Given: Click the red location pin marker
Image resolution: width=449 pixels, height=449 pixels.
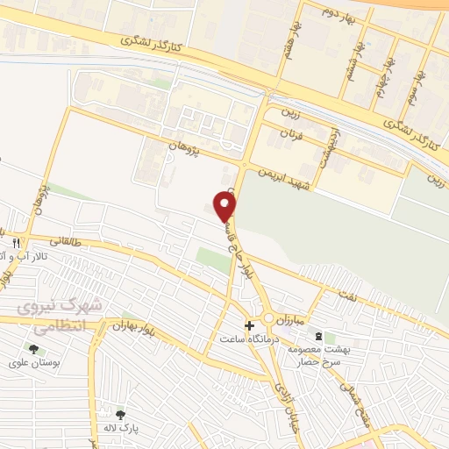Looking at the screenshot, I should click(x=225, y=207).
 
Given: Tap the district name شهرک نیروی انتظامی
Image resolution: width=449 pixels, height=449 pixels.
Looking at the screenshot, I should click(x=61, y=316).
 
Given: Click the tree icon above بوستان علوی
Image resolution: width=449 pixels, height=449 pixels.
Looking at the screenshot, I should click(x=32, y=349).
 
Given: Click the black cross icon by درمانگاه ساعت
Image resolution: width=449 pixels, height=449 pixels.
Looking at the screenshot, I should click(x=249, y=324).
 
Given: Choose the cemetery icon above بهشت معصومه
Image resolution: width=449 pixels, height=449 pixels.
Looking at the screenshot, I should click(x=317, y=337).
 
